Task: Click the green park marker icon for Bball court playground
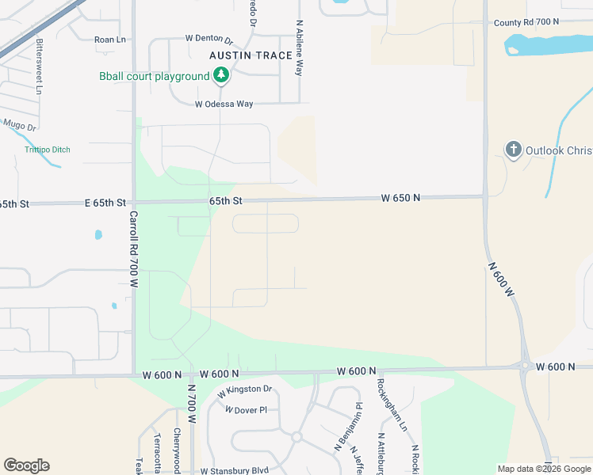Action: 221,75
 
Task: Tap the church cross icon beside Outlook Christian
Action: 514,149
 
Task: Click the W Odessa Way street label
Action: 224,104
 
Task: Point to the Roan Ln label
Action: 110,39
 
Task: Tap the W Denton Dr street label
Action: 209,38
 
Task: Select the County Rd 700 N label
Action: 526,22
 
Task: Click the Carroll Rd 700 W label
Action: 134,249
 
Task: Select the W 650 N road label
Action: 400,197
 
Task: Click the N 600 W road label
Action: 502,279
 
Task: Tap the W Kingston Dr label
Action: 244,389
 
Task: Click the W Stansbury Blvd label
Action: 235,471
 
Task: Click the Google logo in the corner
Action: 26,465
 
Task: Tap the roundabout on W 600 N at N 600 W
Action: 526,365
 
